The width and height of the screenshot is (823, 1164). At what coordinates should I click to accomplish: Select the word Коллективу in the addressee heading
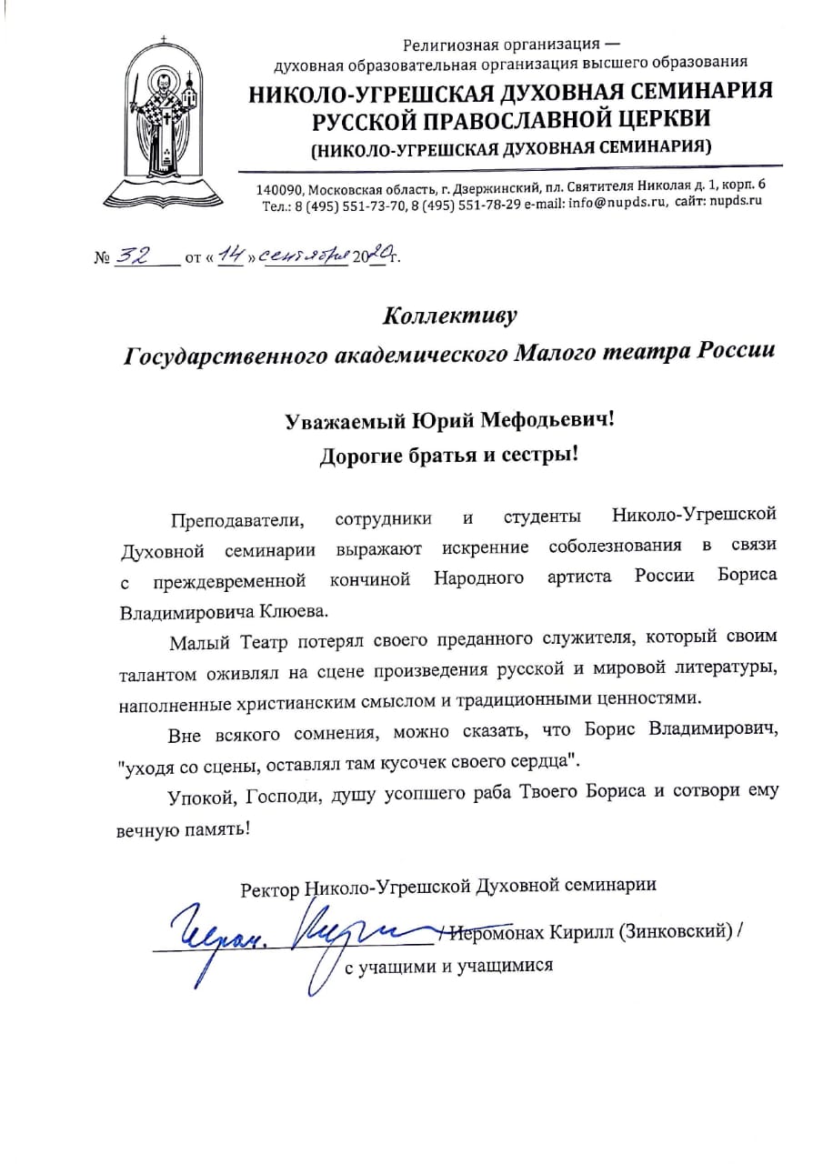tap(449, 316)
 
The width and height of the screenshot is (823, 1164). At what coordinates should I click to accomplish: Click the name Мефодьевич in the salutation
tap(537, 420)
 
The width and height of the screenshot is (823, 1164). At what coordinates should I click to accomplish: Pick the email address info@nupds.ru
tap(608, 204)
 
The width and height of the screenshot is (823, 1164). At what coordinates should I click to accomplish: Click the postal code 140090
tap(279, 188)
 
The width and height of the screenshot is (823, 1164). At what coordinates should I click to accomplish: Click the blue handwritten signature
tap(291, 932)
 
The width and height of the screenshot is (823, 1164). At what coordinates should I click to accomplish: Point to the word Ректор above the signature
tap(269, 888)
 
